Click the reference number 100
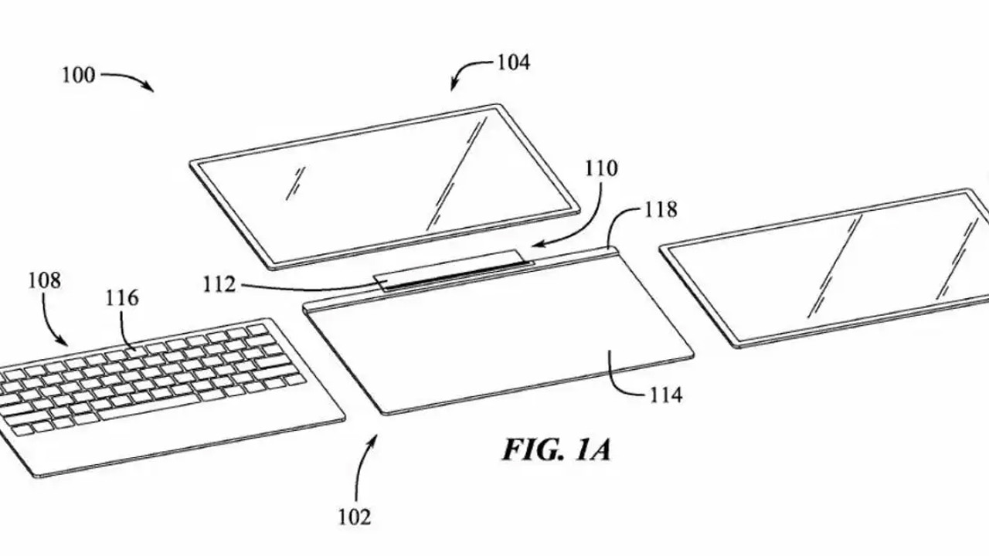[x=79, y=76]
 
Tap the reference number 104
[x=514, y=63]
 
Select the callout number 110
[x=601, y=168]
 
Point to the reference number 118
[x=661, y=209]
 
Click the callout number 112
[x=219, y=285]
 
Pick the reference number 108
[x=45, y=280]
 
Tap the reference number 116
[x=122, y=298]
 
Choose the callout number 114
[x=666, y=395]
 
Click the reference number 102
[x=355, y=517]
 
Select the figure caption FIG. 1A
[x=557, y=450]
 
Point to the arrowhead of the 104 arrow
[x=454, y=86]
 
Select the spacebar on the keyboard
[x=149, y=407]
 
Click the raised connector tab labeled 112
[x=453, y=270]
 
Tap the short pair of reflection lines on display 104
[x=295, y=184]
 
